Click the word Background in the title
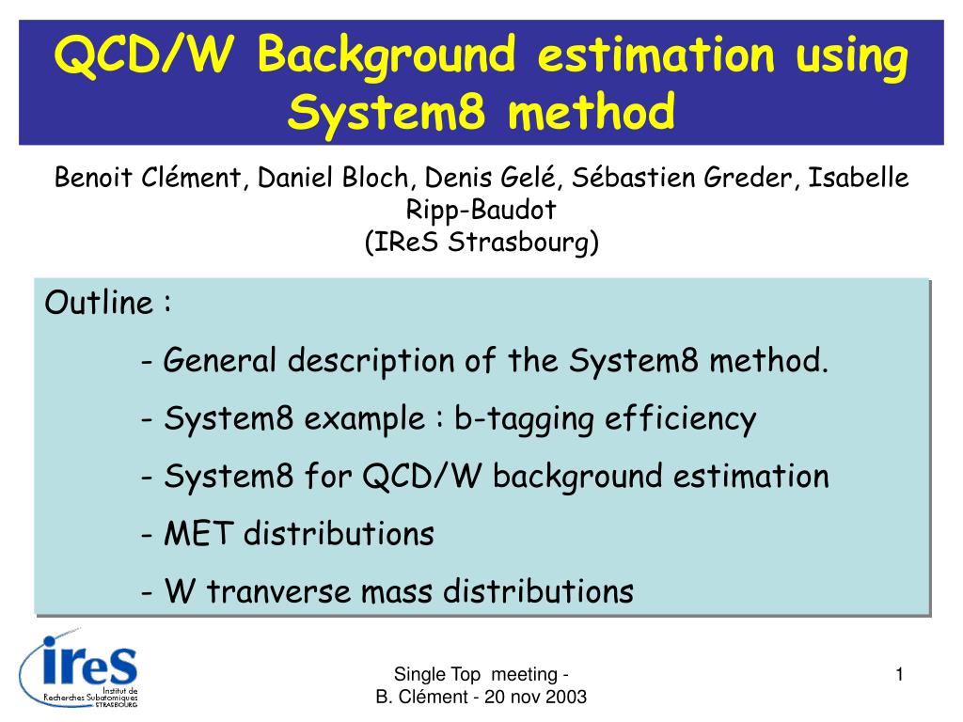(387, 55)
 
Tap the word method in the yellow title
(592, 111)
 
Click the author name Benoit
(93, 178)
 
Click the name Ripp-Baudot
(481, 211)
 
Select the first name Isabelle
(858, 178)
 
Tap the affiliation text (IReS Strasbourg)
(481, 242)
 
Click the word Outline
(99, 303)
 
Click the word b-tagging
(524, 419)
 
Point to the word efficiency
(681, 419)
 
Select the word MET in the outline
(198, 533)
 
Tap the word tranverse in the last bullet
(278, 591)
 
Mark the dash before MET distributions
(146, 535)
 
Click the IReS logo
(79, 668)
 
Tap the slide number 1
(899, 675)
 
